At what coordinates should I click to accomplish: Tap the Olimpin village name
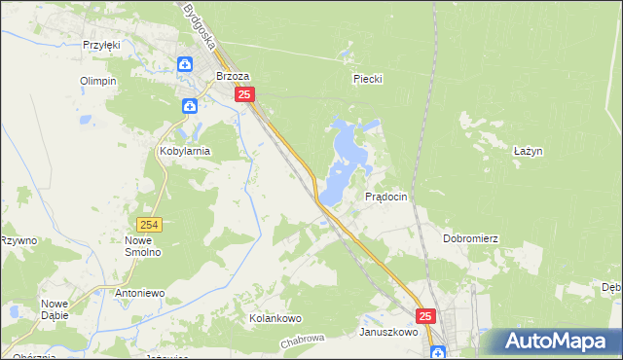[98, 81]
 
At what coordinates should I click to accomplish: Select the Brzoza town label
[233, 75]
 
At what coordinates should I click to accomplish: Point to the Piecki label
[365, 79]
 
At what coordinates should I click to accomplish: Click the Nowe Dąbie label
[55, 308]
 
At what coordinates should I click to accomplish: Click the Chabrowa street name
[301, 342]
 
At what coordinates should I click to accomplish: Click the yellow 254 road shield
[149, 225]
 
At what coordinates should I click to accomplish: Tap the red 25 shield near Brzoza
[244, 94]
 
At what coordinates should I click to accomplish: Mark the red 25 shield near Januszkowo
[426, 316]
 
